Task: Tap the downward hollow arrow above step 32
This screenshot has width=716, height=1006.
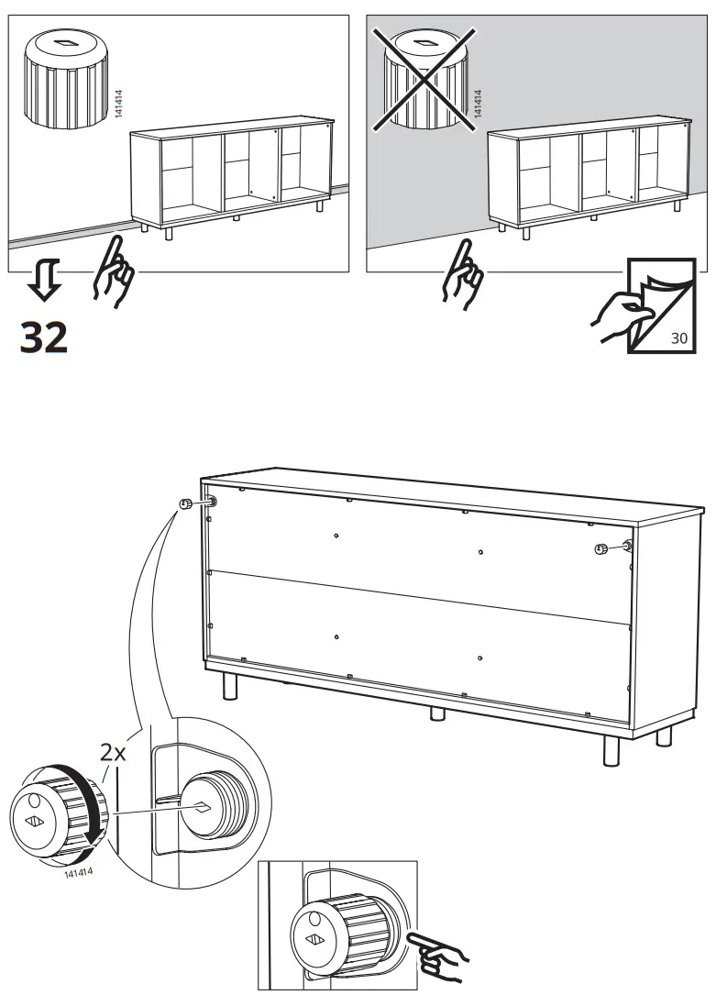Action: [45, 279]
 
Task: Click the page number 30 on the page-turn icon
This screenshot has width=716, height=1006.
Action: [678, 337]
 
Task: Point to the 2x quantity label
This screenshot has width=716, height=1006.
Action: [113, 752]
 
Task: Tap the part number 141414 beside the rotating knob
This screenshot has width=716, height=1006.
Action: [78, 872]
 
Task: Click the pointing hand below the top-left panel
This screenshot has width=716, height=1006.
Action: [113, 271]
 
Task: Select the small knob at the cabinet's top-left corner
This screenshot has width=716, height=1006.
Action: [187, 503]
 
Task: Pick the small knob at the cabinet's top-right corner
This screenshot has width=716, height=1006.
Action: [601, 549]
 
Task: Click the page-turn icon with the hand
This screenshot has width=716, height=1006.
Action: [644, 305]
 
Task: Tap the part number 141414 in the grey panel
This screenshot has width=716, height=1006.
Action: [478, 104]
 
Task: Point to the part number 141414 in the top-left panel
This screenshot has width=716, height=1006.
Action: [118, 104]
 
